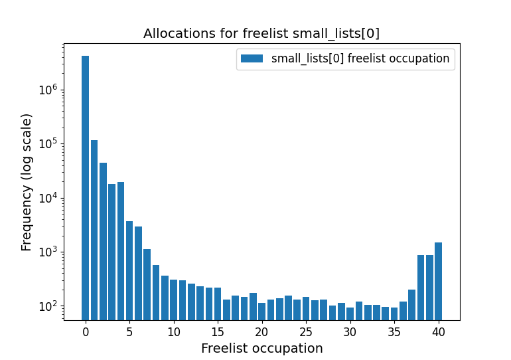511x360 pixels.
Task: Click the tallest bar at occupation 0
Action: [85, 186]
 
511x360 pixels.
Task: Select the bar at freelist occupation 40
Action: [438, 281]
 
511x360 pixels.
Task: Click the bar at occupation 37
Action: [411, 304]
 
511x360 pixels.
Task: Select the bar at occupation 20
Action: [261, 311]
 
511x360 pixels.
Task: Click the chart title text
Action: [261, 34]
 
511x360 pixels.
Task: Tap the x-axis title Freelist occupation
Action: [261, 348]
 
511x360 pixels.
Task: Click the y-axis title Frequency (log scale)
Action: [27, 182]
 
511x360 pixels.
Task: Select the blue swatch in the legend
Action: [252, 58]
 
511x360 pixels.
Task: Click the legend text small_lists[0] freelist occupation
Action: [360, 58]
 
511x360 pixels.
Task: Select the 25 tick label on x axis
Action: [305, 331]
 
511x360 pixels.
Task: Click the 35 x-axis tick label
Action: [394, 331]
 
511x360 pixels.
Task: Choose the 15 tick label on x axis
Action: [218, 331]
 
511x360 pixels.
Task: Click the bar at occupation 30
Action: [350, 313]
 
